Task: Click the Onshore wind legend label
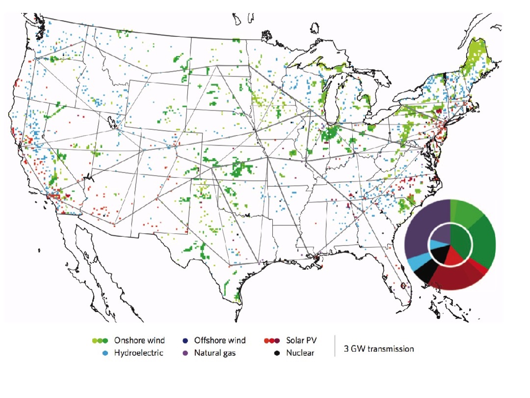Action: coord(139,340)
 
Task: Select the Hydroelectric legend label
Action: coord(139,352)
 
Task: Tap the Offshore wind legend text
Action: coord(219,340)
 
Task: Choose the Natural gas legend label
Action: coord(215,352)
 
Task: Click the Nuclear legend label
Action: coord(300,352)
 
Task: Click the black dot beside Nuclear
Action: coord(277,353)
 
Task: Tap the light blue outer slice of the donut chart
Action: coord(415,262)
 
